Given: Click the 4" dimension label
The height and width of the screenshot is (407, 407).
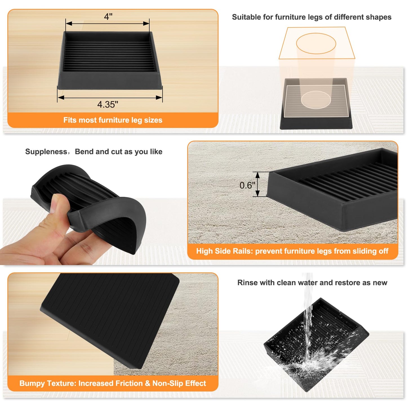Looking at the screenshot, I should (x=108, y=17).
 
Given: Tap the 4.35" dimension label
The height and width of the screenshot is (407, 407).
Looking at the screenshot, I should (x=108, y=104).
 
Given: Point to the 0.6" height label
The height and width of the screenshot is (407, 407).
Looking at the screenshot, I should (x=247, y=185).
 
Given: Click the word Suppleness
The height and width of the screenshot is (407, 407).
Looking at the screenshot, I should (x=46, y=152).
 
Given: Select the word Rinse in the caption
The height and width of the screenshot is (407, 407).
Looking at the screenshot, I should (x=247, y=283).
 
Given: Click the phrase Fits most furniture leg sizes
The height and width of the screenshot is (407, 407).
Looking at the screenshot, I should (x=113, y=120).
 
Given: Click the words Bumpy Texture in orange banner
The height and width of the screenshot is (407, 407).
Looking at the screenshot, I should (x=47, y=383).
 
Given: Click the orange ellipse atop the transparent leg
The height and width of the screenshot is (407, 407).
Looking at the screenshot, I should (x=316, y=43).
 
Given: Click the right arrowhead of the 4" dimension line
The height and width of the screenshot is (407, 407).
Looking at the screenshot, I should (x=146, y=24).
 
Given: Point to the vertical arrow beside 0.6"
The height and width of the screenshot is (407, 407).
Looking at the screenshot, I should (x=257, y=184).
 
